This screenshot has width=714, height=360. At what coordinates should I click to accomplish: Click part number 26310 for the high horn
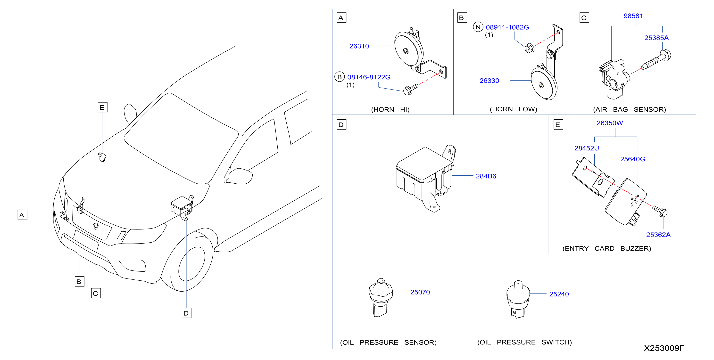pos(359,46)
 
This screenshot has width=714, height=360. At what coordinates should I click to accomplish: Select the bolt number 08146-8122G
pos(369,77)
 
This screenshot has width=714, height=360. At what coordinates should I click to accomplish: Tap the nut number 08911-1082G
pos(507,27)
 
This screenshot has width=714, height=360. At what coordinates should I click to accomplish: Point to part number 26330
pos(489,81)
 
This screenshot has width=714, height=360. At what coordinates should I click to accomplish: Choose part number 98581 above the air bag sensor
pos(633,16)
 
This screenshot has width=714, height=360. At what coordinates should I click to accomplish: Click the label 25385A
pos(656,38)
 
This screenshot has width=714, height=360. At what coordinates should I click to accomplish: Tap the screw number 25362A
pos(658,235)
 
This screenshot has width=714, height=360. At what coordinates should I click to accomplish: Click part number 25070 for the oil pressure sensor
pos(420,292)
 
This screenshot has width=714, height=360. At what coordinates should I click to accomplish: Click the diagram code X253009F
pos(664,348)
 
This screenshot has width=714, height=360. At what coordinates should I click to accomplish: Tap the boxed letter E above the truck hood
pos(102,107)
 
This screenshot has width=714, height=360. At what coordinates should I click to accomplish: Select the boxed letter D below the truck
pos(186,313)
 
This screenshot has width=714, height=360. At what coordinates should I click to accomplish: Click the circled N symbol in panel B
pos(478,27)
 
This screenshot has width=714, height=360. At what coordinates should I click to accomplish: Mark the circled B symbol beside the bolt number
pos(340,77)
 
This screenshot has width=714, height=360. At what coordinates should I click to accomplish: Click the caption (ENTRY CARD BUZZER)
pos(607,248)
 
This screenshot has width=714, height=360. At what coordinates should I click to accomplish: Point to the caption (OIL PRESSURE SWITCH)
pos(524,342)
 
